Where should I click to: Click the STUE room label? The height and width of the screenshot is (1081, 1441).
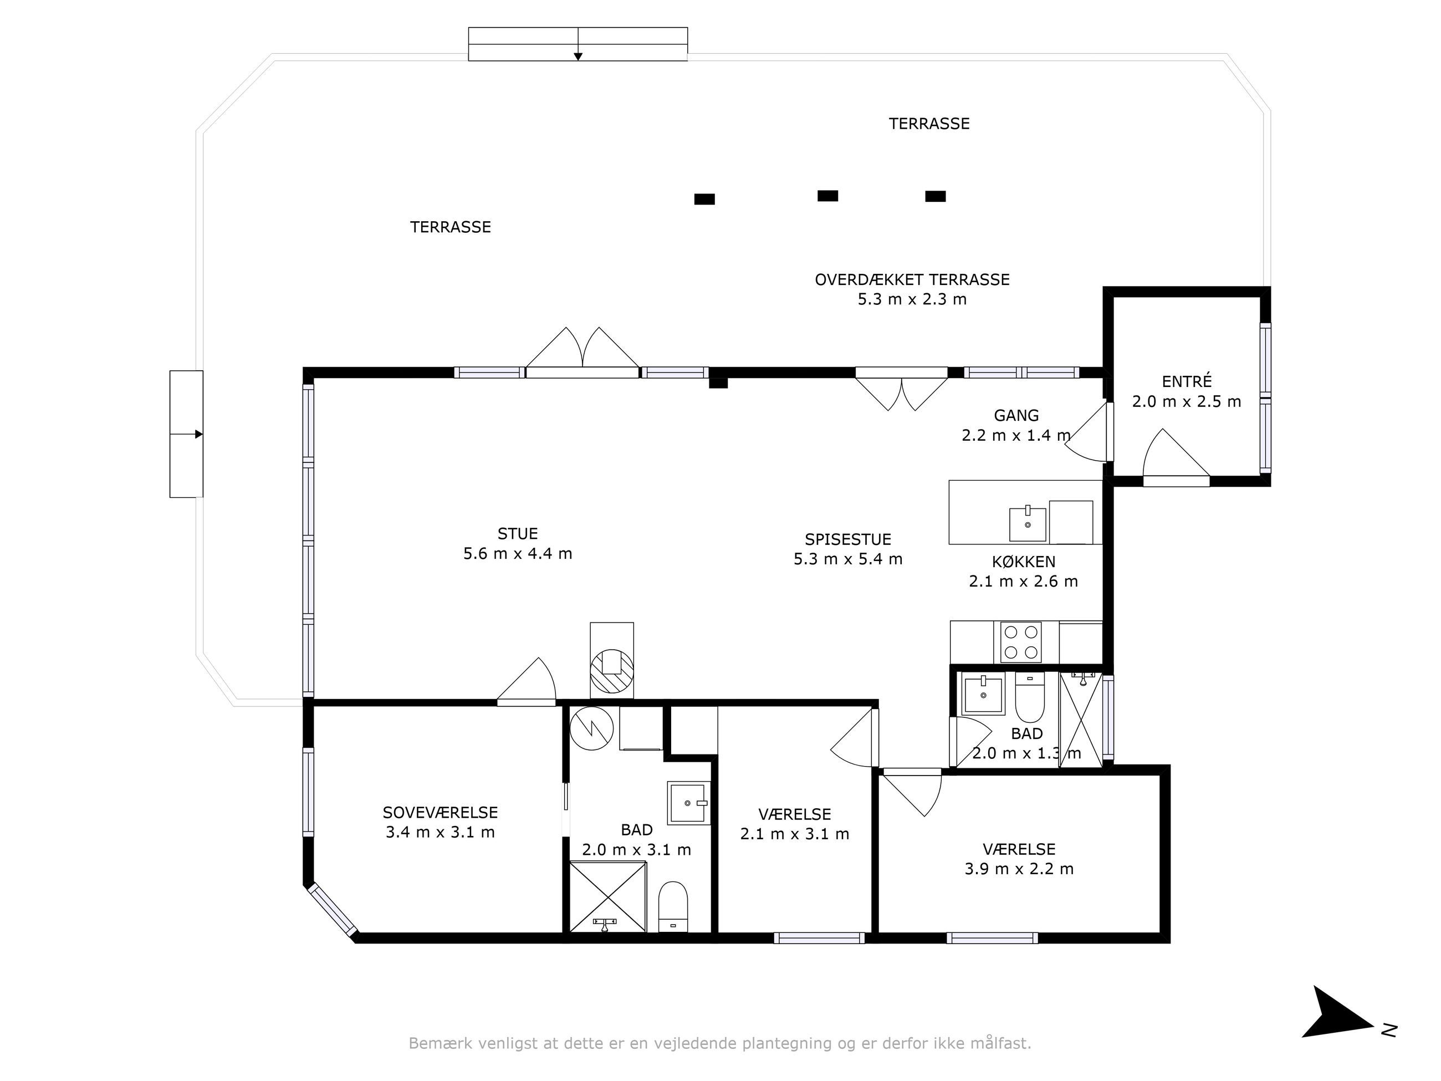click(x=517, y=534)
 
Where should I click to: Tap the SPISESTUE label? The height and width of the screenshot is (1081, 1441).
click(x=847, y=539)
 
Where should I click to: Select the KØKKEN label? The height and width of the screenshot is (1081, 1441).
click(x=1024, y=562)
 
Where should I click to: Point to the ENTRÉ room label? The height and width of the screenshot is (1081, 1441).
click(x=1187, y=381)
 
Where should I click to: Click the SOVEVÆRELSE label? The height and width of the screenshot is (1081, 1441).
click(x=441, y=813)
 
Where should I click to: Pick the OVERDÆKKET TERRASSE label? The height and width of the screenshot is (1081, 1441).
click(x=912, y=279)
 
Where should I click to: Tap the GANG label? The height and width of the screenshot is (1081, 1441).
click(x=1016, y=415)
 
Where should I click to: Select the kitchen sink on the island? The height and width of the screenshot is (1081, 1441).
click(x=1028, y=524)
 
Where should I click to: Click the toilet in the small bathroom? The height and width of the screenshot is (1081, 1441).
click(x=1030, y=697)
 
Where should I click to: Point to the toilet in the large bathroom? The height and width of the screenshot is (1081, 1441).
click(x=673, y=907)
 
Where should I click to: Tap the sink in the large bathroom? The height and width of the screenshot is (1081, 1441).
click(x=688, y=803)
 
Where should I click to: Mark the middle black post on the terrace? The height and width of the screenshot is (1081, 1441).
click(x=827, y=196)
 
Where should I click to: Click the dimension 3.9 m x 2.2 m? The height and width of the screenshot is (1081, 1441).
click(x=1019, y=869)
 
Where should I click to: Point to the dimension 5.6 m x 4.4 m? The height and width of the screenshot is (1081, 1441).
click(x=517, y=554)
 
